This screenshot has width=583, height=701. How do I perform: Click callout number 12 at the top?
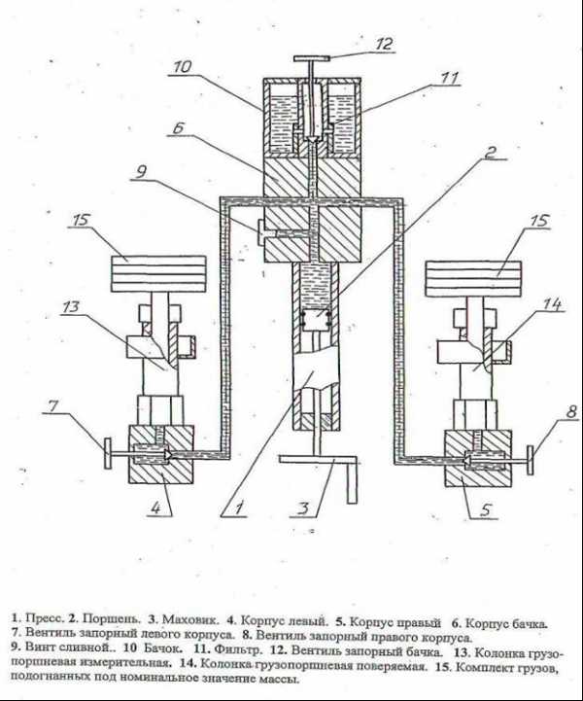click(x=383, y=44)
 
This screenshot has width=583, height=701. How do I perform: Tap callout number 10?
click(x=182, y=67)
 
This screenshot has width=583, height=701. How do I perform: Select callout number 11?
click(x=449, y=78)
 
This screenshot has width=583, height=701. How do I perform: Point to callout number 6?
click(x=178, y=128)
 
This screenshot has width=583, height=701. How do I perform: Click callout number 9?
click(x=141, y=171)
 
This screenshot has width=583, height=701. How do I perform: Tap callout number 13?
click(x=71, y=306)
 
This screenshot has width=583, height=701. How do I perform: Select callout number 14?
click(x=552, y=304)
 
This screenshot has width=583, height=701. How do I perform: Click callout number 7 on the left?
click(x=53, y=406)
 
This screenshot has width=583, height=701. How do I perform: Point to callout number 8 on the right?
click(x=572, y=411)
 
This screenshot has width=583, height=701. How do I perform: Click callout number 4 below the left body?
click(x=155, y=508)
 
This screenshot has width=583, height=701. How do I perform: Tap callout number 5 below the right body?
click(x=486, y=509)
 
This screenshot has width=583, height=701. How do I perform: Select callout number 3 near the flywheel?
click(x=303, y=508)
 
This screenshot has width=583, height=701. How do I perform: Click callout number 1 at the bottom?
click(x=239, y=508)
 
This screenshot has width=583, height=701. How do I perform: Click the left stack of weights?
click(x=158, y=274)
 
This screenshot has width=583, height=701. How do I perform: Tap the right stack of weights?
click(x=473, y=279)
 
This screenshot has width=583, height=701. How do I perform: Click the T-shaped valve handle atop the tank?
click(x=311, y=58)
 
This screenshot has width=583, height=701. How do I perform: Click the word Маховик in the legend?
click(x=190, y=619)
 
